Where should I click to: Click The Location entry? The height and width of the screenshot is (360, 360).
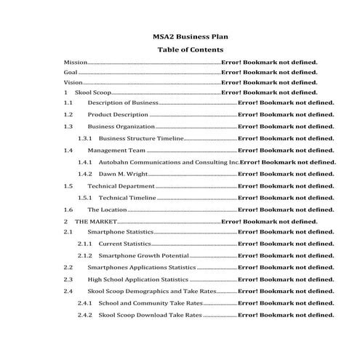108,209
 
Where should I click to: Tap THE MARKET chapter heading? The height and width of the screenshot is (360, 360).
95,221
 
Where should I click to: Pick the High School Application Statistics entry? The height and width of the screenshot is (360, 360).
137,279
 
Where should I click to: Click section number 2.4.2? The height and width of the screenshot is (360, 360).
84,315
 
